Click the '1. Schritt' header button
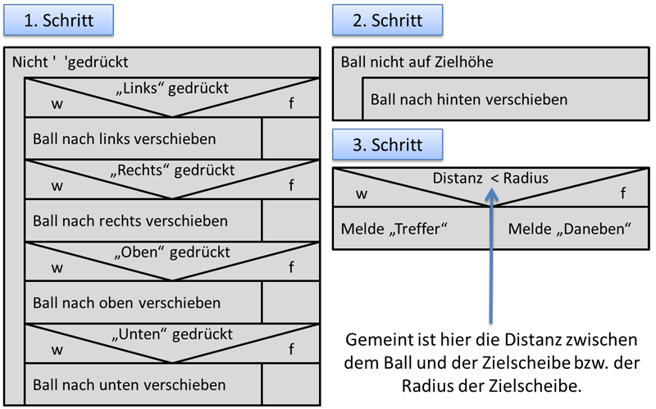click(x=57, y=20)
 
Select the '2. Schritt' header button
click(x=387, y=20)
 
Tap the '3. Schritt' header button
click(x=387, y=145)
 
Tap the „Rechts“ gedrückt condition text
click(x=172, y=170)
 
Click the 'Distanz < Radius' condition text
click(x=490, y=178)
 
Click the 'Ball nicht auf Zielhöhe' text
click(x=417, y=61)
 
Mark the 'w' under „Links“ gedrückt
click(x=57, y=103)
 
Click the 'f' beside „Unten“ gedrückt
click(x=291, y=349)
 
